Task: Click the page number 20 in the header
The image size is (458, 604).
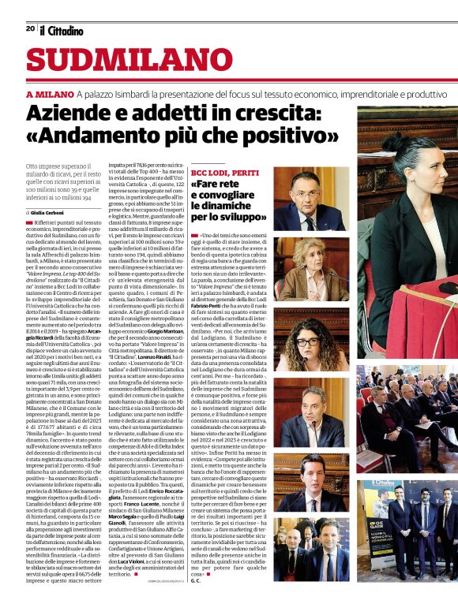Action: [x=30, y=28]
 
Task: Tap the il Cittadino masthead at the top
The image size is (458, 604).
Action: [x=62, y=30]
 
